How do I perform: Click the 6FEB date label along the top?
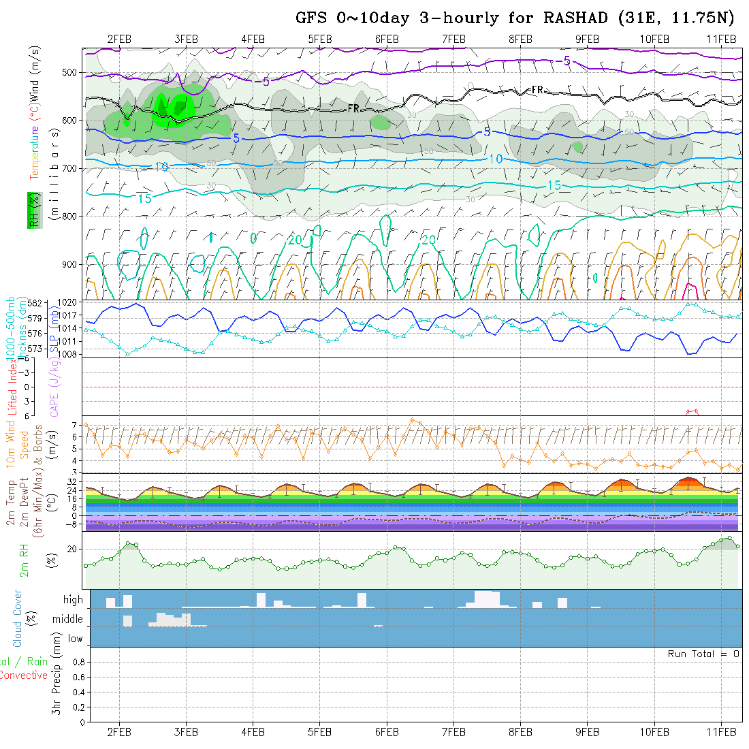pos(387,39)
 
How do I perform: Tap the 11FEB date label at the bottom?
pos(721,731)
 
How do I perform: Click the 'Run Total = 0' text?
pos(703,654)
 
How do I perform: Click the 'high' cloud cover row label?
pos(73,600)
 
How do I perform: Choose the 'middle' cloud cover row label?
pos(68,620)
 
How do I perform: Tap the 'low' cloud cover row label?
pos(75,639)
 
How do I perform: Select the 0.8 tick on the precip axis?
pos(78,662)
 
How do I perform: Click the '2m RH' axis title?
pos(25,559)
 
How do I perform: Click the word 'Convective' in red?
pos(23,675)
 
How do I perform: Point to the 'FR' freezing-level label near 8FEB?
pos(537,89)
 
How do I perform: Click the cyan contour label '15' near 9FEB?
pos(554,186)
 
